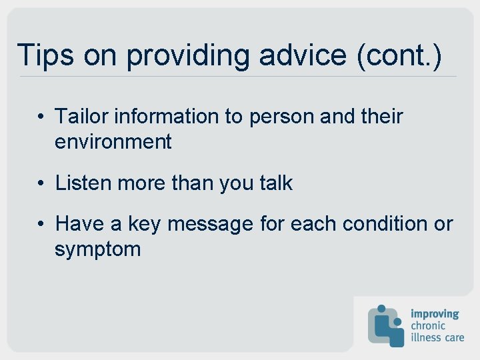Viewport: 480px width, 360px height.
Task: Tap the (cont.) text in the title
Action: point(399,55)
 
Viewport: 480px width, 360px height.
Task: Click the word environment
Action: point(113,141)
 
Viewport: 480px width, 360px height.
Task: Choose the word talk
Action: point(273,183)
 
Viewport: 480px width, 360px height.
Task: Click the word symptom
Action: point(98,250)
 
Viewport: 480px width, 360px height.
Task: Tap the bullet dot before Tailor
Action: point(41,117)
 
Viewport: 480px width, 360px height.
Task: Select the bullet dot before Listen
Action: point(41,183)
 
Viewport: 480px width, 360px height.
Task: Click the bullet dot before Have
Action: point(41,225)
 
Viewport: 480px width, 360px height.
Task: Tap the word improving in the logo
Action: point(435,313)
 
